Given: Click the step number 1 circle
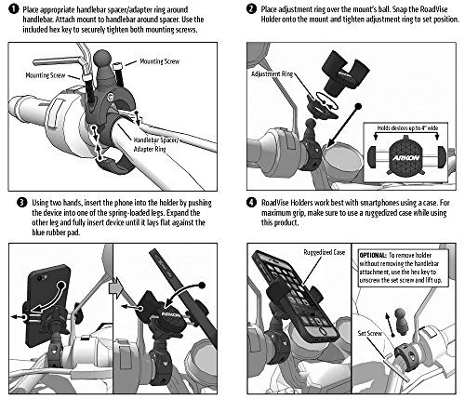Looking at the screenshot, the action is (15, 9).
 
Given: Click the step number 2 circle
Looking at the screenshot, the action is (251, 8).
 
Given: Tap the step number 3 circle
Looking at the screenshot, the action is (21, 203).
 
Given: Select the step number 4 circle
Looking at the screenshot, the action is (251, 203).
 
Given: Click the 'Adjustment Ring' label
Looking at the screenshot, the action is (272, 74).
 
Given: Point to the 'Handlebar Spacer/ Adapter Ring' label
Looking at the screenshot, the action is (156, 144).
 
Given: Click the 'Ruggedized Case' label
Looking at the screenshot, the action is (325, 252).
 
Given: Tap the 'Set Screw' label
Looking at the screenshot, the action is (370, 333).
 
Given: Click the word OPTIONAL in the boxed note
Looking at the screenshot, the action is (373, 256).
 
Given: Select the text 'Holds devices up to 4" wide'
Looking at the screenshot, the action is (407, 127).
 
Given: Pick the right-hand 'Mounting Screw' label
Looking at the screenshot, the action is (159, 61).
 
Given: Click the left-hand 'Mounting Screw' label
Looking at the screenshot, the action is (46, 75).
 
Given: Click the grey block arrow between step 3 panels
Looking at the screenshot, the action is (116, 289).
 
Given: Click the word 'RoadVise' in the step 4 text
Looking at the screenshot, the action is (275, 203).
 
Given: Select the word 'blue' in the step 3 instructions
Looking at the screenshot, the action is (39, 233).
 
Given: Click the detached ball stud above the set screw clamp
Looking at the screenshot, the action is (400, 321).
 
